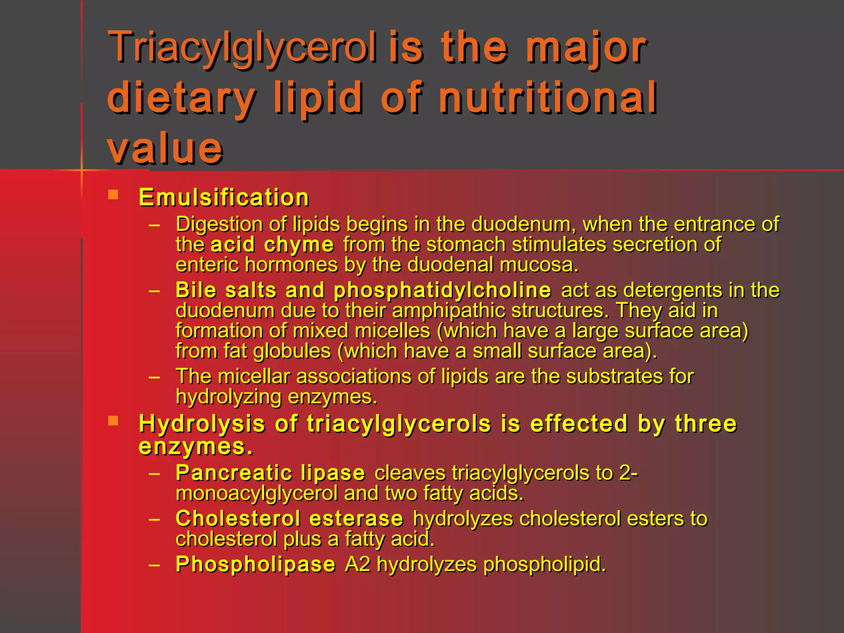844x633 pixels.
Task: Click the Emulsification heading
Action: click(x=224, y=197)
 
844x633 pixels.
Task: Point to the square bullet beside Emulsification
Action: click(x=113, y=195)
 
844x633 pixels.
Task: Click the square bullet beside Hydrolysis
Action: click(x=113, y=421)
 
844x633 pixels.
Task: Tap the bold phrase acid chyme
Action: click(x=272, y=244)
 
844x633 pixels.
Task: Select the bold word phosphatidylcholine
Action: click(x=442, y=290)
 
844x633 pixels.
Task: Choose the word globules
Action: click(x=292, y=351)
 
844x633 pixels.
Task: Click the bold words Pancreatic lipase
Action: click(x=270, y=473)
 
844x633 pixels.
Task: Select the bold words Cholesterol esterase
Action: click(x=289, y=518)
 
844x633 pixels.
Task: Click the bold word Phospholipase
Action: click(x=256, y=564)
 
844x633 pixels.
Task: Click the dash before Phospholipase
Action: click(x=155, y=565)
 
